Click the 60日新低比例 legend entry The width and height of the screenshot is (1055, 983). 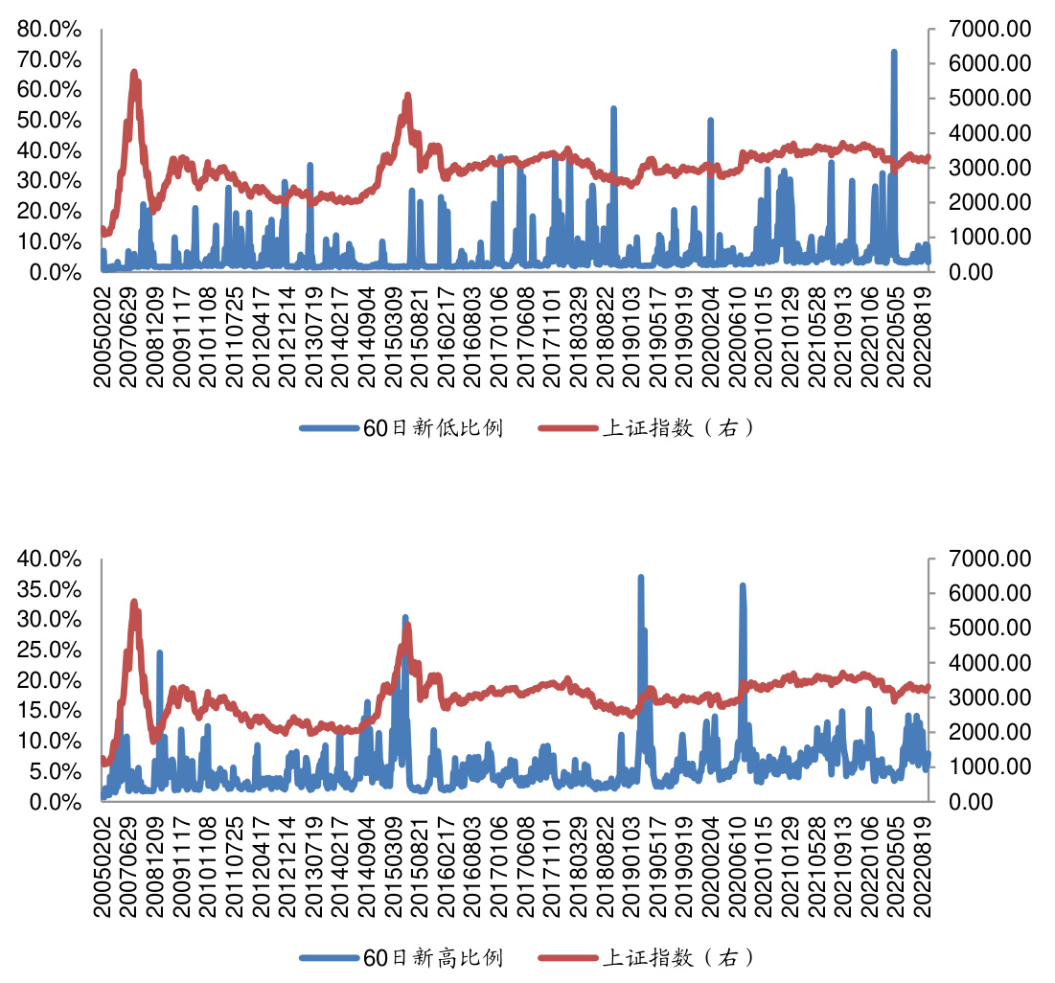(x=401, y=428)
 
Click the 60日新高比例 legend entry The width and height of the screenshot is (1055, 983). (x=401, y=957)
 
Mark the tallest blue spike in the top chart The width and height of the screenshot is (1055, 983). (x=893, y=53)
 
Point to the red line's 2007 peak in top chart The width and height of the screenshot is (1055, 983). (x=134, y=73)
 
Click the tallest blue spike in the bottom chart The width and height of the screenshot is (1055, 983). (x=640, y=578)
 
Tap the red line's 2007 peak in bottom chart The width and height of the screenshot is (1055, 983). (x=134, y=603)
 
